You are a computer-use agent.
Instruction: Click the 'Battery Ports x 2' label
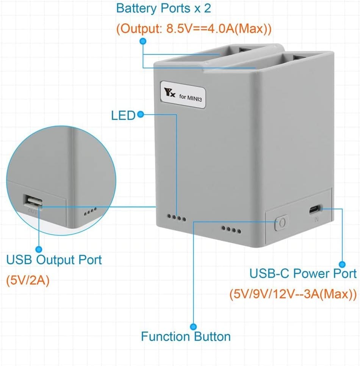163,8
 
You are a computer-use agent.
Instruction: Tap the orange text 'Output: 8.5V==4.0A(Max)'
194,29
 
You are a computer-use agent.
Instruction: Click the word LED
123,115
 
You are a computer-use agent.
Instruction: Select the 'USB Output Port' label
54,260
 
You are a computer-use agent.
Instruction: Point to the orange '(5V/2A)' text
28,282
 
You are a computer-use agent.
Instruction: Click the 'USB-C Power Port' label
303,273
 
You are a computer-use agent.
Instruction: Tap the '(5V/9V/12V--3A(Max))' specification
293,294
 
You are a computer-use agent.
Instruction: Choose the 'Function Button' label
186,336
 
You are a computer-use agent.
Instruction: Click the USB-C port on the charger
315,209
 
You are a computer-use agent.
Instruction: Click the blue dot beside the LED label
141,114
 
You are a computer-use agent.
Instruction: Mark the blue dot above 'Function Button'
194,326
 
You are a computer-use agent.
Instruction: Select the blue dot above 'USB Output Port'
38,249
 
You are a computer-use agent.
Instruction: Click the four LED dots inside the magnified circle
90,209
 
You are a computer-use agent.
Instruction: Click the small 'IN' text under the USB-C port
315,220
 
